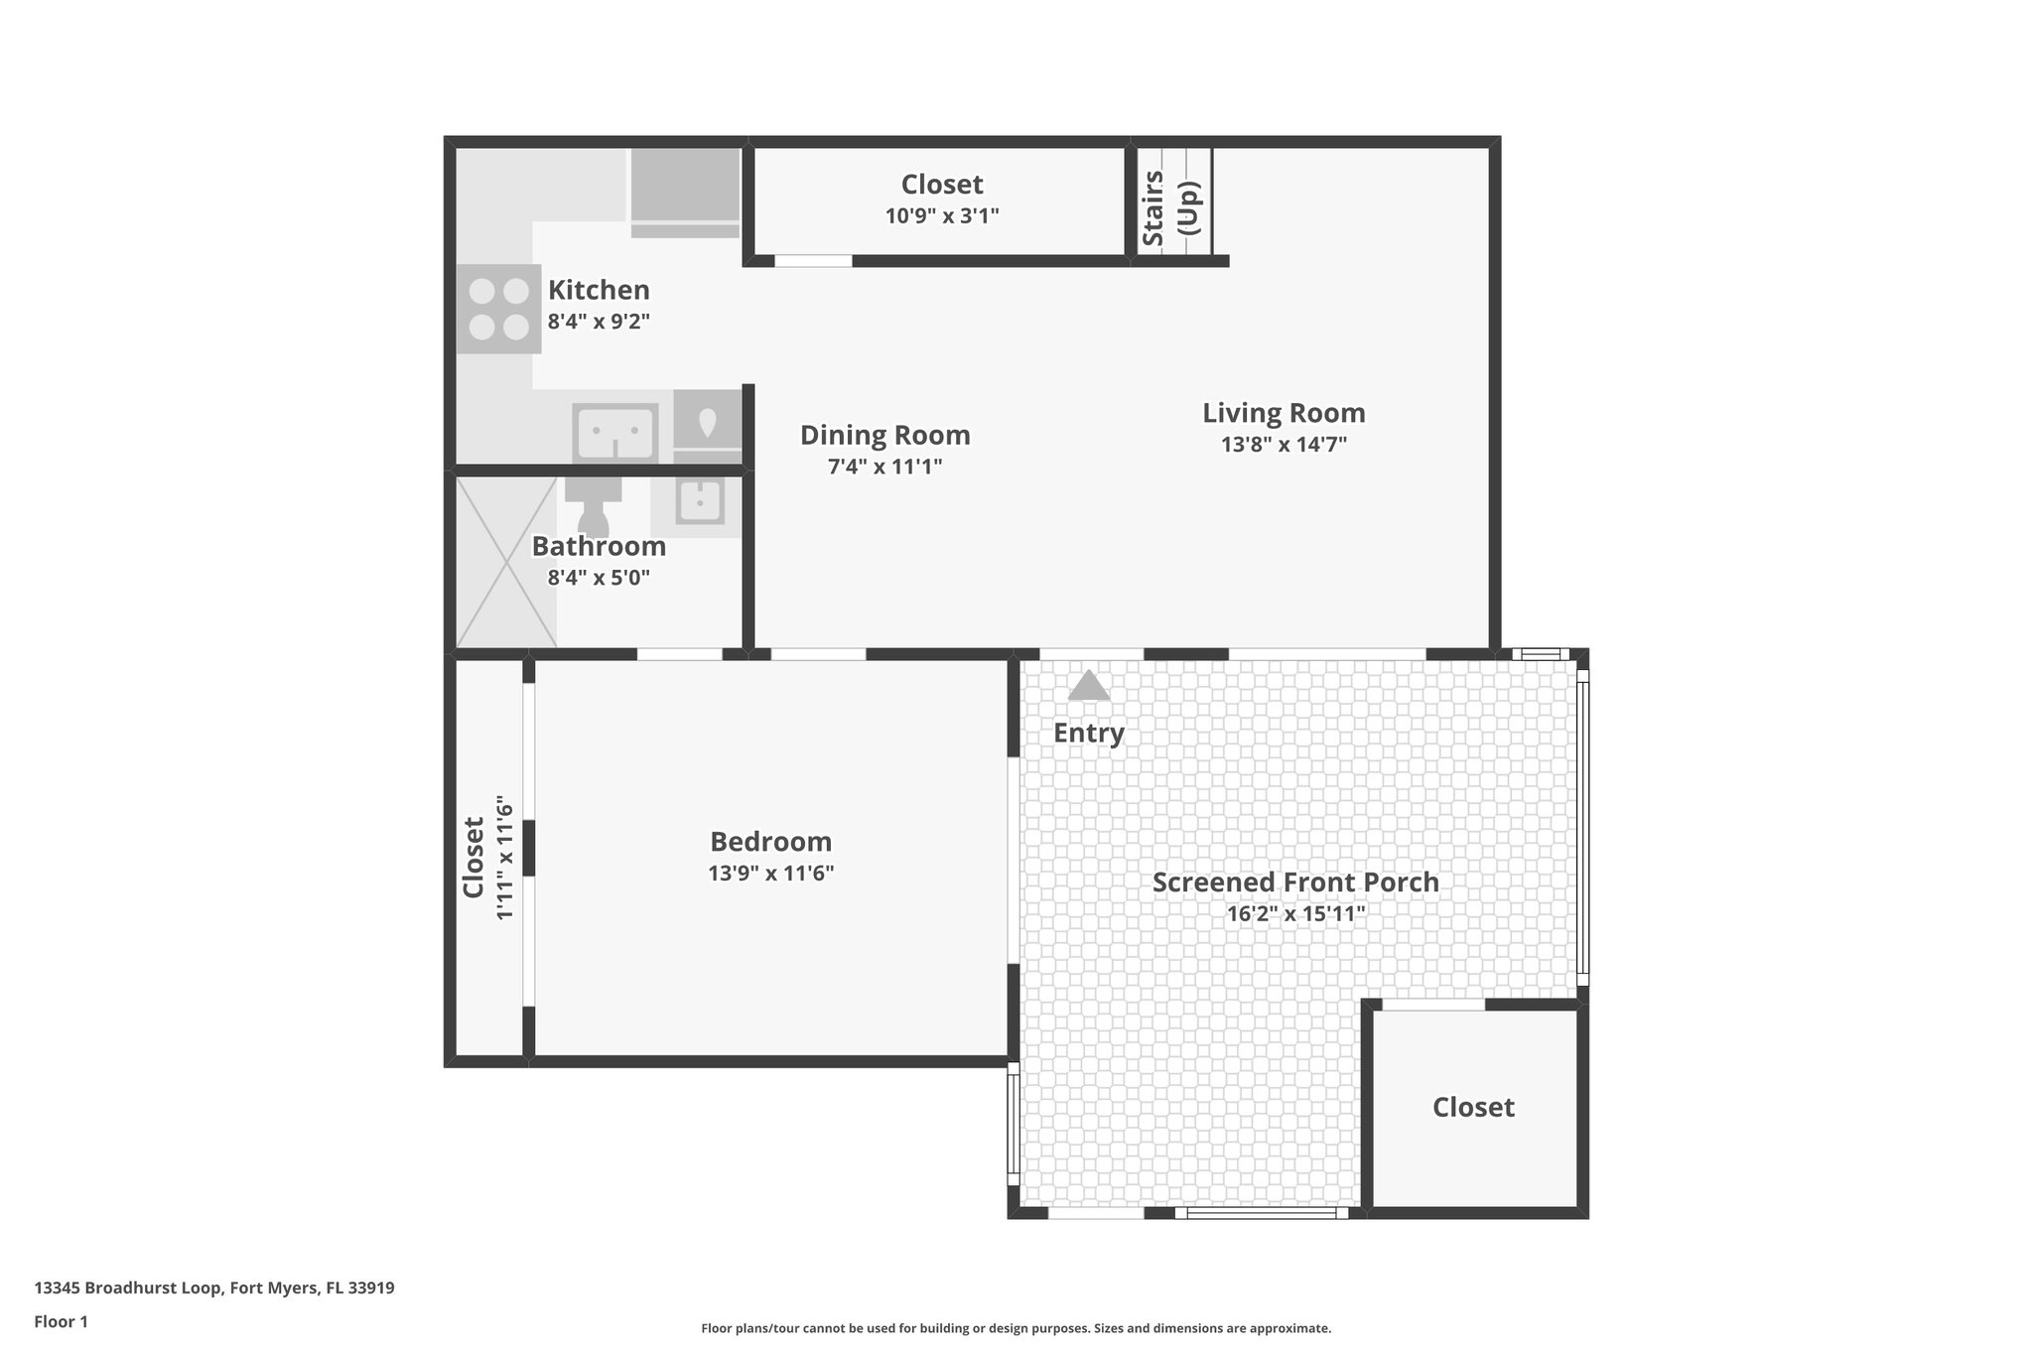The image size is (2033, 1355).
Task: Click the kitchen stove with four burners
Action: pos(498,309)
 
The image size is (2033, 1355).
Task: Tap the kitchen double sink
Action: pos(615,433)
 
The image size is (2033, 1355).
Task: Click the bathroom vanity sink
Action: pos(700,502)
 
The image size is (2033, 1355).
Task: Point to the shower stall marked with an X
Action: pos(506,562)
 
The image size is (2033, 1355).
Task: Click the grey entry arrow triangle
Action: pos(1089,686)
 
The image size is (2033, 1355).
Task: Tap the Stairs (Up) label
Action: pos(1171,207)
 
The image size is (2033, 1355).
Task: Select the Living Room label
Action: pos(1284,412)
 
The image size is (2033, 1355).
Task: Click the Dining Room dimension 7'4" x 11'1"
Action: pos(884,467)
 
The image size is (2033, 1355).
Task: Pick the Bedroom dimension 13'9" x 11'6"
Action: pos(770,874)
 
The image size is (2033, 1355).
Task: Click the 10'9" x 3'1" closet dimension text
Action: pos(941,215)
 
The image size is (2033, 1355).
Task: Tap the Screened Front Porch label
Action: pos(1294,881)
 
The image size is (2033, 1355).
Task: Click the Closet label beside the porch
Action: pos(1472,1107)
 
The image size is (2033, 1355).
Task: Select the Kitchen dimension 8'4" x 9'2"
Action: pos(599,322)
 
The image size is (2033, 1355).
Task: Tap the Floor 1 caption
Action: pos(61,1321)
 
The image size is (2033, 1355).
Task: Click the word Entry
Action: pos(1088,733)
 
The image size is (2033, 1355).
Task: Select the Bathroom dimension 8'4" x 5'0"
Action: pos(599,578)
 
